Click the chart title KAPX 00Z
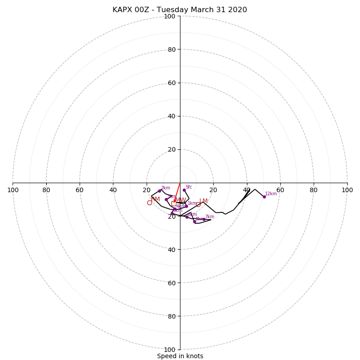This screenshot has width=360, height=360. pos(180,10)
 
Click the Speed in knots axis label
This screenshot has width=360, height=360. pos(180,356)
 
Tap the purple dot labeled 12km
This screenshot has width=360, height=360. pos(264,197)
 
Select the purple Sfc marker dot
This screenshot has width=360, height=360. pos(184,190)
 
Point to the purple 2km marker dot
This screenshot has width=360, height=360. pos(159,191)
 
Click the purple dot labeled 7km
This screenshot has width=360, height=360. pos(204,219)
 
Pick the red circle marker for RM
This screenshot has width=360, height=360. pos(149,203)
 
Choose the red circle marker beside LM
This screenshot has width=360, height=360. pos(198,204)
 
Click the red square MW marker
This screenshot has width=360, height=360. pos(174,203)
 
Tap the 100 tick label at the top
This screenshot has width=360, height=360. pos(169,17)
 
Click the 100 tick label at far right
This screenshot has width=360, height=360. pos(347,190)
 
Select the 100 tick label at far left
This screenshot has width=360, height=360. pos(13,190)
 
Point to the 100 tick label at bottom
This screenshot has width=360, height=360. pos(169,350)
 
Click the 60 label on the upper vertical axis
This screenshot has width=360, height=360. pos(171,83)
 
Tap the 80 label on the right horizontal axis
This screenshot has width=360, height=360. pos(314,190)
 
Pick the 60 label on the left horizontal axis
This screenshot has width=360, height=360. pos(80,190)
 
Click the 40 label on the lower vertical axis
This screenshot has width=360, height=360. pos(171,250)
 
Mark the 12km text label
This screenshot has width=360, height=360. pos(271,193)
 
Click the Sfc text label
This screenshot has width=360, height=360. pos(189,187)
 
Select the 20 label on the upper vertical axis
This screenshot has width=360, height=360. pos(171,149)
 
